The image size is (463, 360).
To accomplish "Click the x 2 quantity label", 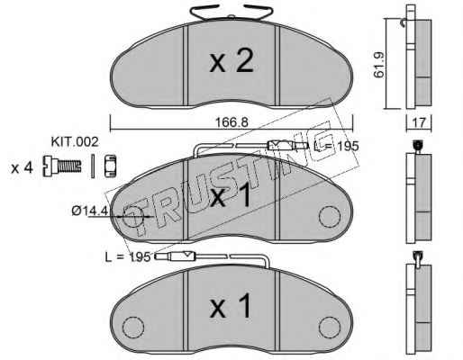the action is tap(231, 61).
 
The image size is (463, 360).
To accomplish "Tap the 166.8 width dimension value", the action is tap(231, 122).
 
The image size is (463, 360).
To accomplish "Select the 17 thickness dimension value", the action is tap(419, 122).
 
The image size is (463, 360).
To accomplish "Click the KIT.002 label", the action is tap(75, 142).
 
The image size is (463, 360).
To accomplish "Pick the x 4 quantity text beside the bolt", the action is tap(22, 168).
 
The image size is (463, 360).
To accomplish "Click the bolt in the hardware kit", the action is tap(62, 166).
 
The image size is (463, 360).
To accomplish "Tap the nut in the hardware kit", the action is tap(110, 166).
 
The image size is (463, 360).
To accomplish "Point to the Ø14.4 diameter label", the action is tap(89, 211).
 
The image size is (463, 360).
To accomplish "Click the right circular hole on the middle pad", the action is tap(330, 217).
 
